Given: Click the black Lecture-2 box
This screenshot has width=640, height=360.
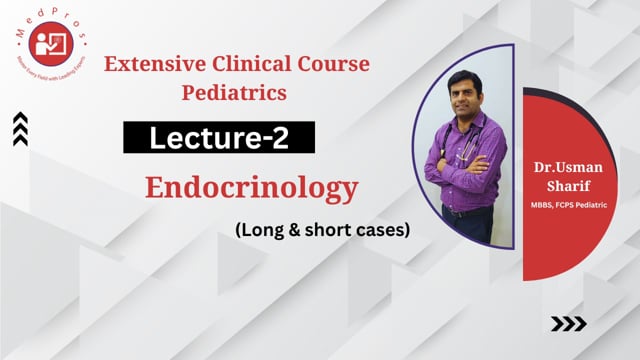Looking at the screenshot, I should pyautogui.click(x=219, y=138).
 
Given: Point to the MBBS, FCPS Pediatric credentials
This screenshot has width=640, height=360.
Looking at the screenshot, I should pyautogui.click(x=576, y=205).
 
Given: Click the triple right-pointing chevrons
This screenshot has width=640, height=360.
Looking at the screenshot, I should pyautogui.click(x=569, y=323).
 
